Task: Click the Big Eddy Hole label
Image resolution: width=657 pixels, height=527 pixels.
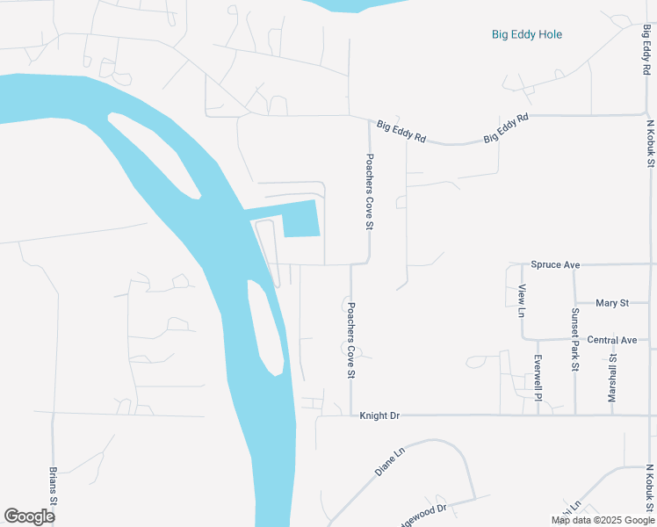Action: point(527,35)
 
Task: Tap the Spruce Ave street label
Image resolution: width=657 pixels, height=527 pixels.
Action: point(556,264)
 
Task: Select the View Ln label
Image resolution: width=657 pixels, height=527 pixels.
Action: point(522,301)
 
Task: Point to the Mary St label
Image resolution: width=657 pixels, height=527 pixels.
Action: point(612,303)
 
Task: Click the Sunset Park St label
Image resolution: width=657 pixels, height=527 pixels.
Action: point(574,339)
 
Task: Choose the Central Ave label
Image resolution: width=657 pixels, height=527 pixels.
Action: point(611,340)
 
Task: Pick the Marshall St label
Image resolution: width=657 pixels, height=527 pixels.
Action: point(613,379)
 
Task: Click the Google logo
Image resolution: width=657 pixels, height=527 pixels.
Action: point(29,516)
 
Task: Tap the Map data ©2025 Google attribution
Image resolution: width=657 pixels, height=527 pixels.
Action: point(603,520)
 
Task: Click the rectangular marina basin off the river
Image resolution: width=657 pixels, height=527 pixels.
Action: point(300,219)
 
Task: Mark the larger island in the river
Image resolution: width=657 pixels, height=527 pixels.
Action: point(153,155)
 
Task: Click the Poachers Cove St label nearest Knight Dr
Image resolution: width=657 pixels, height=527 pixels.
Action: point(350,340)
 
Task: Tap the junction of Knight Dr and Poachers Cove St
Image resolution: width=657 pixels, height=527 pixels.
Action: point(351,415)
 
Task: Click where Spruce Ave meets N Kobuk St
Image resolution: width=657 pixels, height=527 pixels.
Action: point(649,263)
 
